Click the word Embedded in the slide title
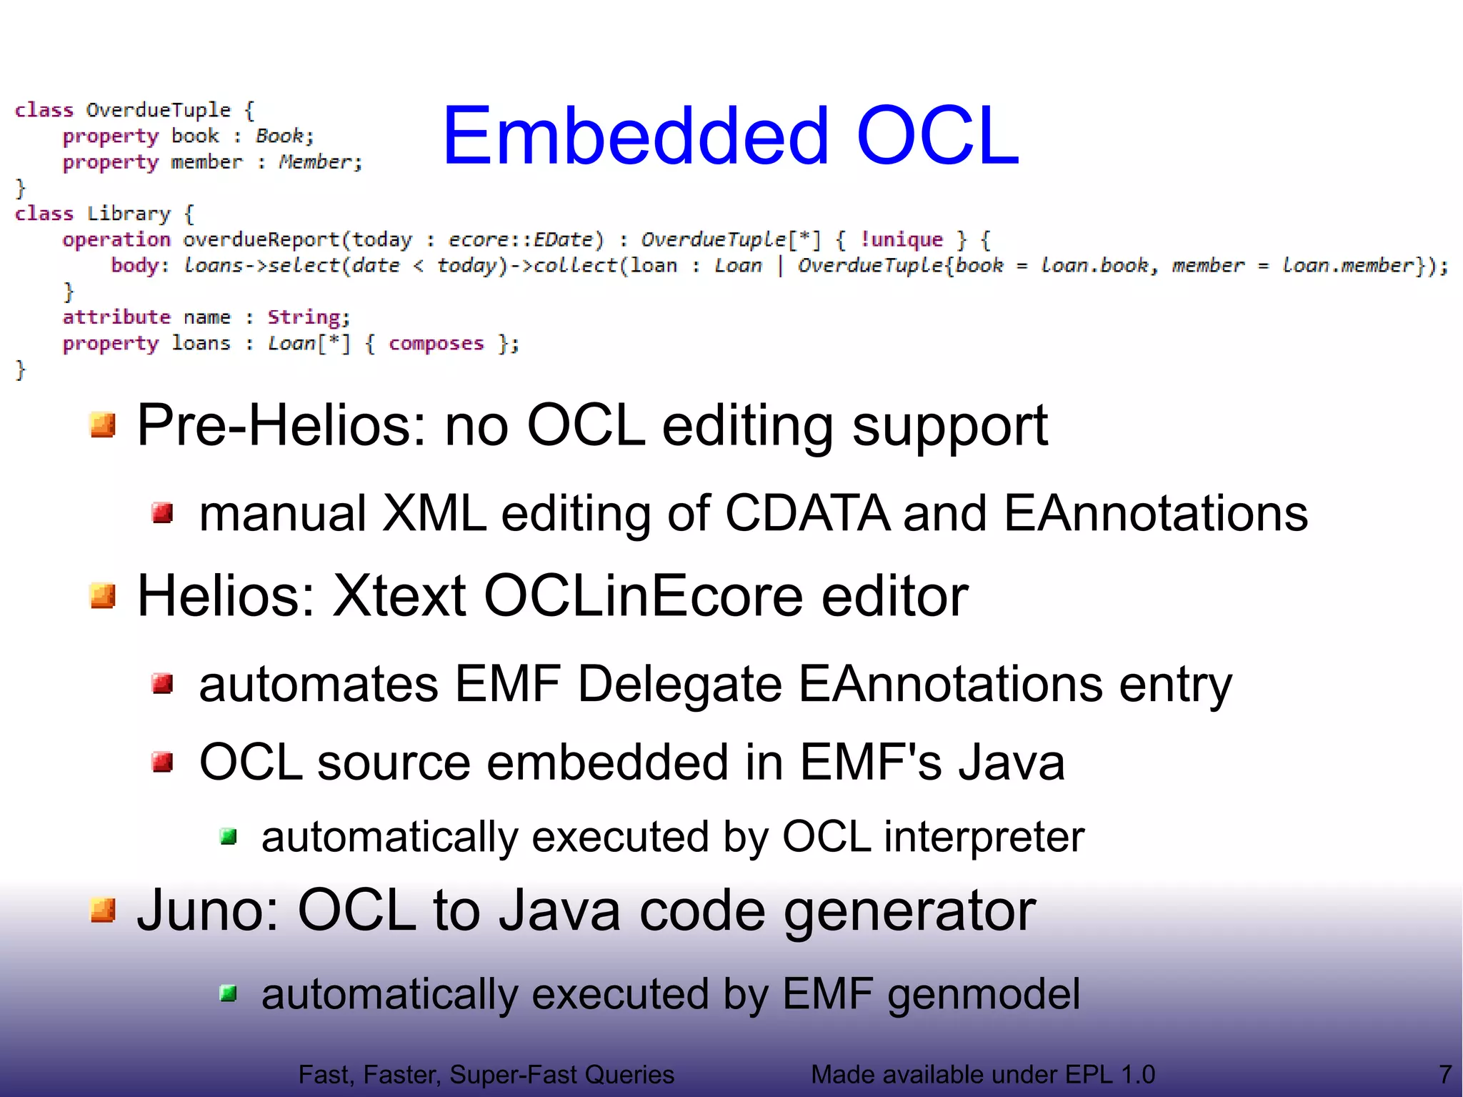click(636, 136)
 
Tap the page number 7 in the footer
click(1445, 1074)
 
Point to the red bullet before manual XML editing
click(163, 512)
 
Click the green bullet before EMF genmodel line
click(229, 993)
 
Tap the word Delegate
click(679, 684)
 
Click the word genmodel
click(984, 995)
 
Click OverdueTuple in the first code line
click(159, 110)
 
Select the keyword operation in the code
click(116, 239)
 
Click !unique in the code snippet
click(902, 239)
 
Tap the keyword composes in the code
click(436, 344)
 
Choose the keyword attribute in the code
click(116, 317)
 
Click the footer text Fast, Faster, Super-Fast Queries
click(486, 1074)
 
